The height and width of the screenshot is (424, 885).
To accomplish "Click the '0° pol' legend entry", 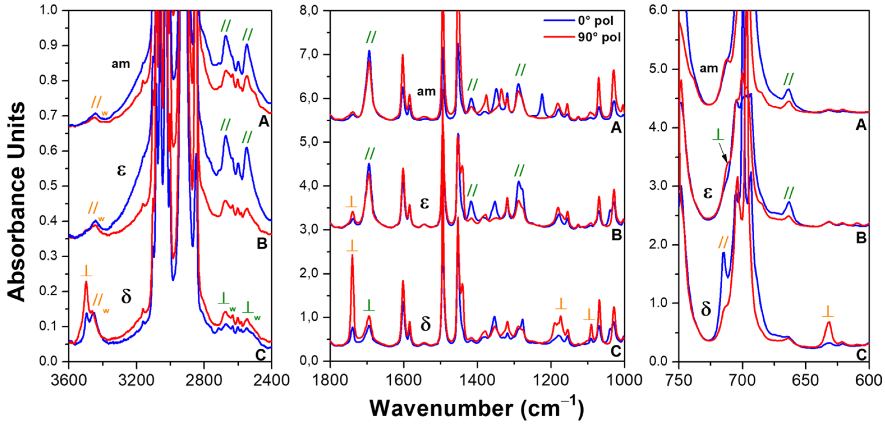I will click(x=595, y=21).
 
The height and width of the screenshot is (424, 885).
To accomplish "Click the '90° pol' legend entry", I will click(x=599, y=37).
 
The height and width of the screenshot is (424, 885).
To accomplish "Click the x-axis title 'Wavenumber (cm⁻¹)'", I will click(x=476, y=409).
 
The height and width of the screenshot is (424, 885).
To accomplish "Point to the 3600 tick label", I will click(x=69, y=380).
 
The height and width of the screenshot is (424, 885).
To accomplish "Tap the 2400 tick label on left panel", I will click(x=271, y=380).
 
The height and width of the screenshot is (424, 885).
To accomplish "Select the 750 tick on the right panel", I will click(x=679, y=380).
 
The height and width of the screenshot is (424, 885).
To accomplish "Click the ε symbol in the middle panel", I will click(x=425, y=203).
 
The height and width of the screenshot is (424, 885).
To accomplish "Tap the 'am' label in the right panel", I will click(x=709, y=68).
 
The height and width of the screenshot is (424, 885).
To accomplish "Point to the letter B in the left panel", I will click(x=262, y=244).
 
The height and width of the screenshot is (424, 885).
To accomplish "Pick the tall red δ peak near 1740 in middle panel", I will click(x=352, y=256).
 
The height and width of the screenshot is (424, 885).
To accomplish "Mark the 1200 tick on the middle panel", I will click(x=551, y=380).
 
